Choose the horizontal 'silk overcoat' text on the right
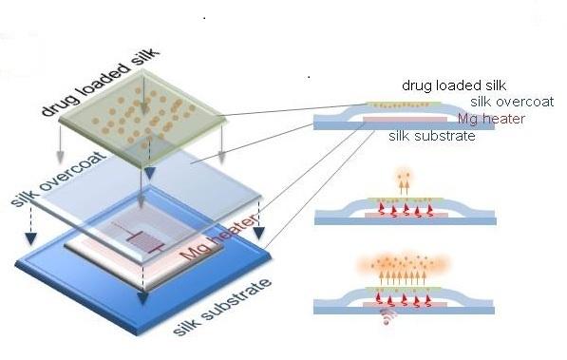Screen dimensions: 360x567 [x=509, y=103]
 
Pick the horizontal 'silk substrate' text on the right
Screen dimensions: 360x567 [x=433, y=136]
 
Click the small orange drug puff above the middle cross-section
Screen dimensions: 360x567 [x=398, y=180]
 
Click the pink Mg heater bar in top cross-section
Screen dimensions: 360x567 [x=408, y=122]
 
